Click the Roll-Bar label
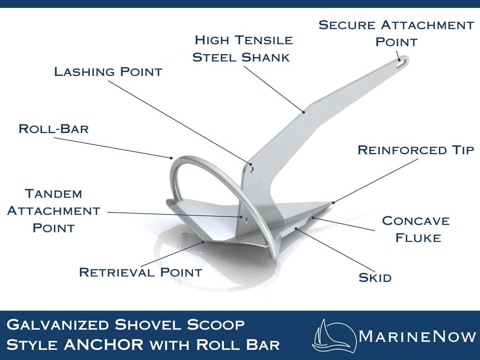coord(54,129)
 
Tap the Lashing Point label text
coord(108,72)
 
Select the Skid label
coord(375,278)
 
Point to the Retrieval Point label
coord(140,272)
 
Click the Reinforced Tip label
coord(415,150)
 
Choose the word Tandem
coord(53,194)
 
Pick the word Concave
coord(416,220)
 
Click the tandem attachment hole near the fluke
coord(246,220)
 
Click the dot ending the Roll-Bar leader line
coord(171,158)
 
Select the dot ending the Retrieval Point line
coord(203,242)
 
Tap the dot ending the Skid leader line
coord(296,228)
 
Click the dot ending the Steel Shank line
coord(304,112)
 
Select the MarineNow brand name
coord(417,336)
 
